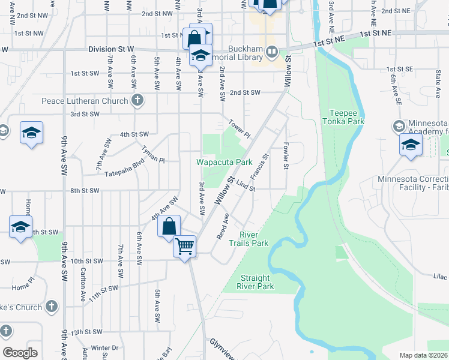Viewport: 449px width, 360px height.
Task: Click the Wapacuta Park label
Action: [x=224, y=163]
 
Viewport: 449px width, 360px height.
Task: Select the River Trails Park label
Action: [x=254, y=238]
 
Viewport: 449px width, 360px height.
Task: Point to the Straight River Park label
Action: [x=257, y=282]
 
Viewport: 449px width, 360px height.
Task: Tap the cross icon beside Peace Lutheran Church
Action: [x=137, y=101]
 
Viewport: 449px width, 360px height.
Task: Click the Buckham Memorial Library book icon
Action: [x=272, y=52]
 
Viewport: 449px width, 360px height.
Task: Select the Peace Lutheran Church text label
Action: [x=85, y=101]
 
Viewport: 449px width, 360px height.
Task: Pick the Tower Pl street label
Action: [x=238, y=127]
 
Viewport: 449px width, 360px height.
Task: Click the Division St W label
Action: [x=111, y=49]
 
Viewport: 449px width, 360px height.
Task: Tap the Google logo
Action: [x=20, y=352]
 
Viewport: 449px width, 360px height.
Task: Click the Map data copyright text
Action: [x=423, y=355]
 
